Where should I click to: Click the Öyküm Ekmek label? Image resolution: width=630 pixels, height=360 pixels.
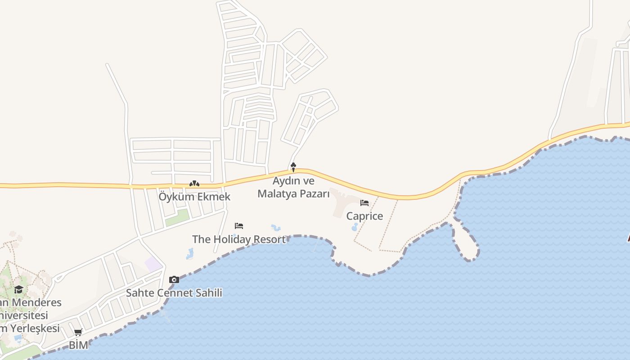194,197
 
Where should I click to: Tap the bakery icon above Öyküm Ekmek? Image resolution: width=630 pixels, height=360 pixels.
194,184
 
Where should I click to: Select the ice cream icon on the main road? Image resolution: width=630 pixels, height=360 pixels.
293,167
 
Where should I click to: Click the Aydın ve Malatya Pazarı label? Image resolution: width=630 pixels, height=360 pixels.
293,187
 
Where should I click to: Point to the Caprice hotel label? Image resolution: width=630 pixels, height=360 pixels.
364,216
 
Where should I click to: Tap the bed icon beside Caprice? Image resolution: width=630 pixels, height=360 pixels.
364,203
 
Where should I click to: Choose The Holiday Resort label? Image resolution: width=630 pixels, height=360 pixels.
239,239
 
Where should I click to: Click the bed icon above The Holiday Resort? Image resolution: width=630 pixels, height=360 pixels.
239,226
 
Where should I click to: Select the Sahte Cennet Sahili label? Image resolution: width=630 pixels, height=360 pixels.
174,293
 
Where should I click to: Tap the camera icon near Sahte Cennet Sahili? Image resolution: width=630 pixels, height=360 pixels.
174,280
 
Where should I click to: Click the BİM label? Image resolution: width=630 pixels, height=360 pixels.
78,346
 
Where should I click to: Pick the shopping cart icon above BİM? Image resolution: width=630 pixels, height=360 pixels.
78,333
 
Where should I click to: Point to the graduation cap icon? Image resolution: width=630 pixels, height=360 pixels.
18,289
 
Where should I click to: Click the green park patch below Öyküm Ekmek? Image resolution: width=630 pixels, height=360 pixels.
177,218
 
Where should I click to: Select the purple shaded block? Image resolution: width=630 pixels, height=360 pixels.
153,264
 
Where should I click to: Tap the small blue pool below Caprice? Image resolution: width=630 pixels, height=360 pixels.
355,227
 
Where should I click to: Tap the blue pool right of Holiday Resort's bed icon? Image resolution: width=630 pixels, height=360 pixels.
276,228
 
